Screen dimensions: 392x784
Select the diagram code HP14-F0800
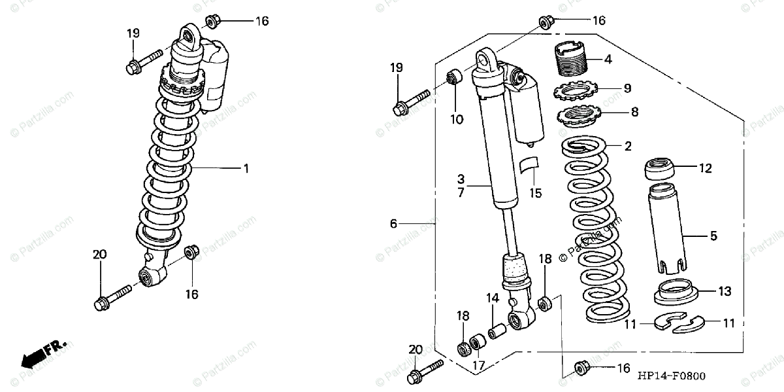pos(671,376)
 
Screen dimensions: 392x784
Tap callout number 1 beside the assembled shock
pos(246,169)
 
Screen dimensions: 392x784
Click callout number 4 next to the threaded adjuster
pos(608,60)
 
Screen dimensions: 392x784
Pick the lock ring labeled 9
pos(576,89)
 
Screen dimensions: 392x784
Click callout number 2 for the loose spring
pos(628,147)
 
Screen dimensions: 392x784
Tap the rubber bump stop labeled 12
pos(661,170)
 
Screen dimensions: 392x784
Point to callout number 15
pos(536,193)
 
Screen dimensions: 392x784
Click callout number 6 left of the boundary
pos(393,224)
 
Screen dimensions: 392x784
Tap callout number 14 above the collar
pos(492,298)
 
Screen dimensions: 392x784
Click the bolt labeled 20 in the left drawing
pos(110,302)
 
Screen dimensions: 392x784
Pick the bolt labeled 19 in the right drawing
pos(410,102)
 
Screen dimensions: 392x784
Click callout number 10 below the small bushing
pos(456,120)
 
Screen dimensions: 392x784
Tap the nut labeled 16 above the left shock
pos(212,21)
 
